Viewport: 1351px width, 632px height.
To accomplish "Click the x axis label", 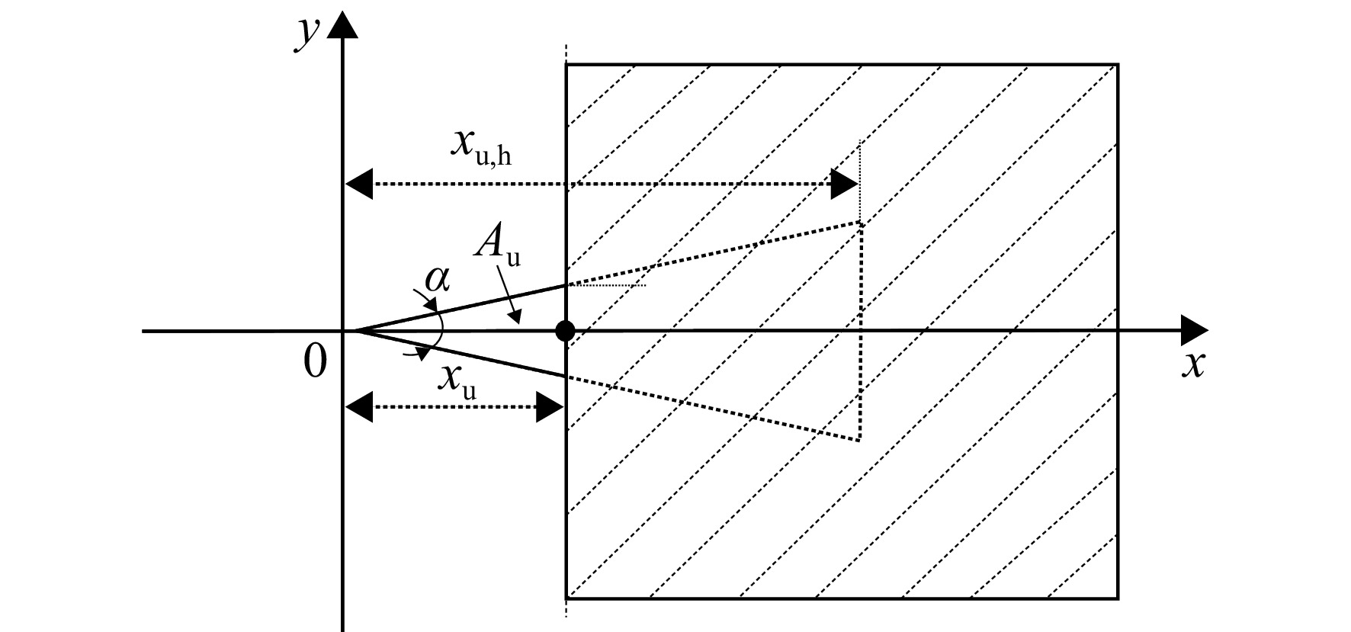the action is (x=1193, y=366).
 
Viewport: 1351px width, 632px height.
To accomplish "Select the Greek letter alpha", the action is (x=437, y=280).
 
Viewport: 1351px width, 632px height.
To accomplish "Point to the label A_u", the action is (x=497, y=245).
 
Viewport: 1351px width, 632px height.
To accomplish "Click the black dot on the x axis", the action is (x=565, y=331).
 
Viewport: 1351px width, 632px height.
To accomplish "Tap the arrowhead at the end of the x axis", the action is (x=1195, y=331).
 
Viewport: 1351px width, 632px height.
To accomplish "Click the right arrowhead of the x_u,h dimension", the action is (x=844, y=184).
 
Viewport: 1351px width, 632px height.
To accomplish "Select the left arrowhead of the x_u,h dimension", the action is (x=359, y=184).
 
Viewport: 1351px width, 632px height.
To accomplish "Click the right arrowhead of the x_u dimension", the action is (x=550, y=407).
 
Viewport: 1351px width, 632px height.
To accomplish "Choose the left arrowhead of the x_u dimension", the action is (x=359, y=407).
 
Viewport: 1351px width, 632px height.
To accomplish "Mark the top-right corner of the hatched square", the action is (x=1118, y=65).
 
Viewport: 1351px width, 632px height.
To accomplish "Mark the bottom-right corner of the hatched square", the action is (x=1118, y=598).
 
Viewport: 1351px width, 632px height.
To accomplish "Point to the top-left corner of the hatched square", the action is (x=566, y=65).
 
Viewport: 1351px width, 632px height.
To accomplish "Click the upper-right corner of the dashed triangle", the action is (x=860, y=223).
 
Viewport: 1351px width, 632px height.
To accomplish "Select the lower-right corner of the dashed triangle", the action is (x=860, y=440).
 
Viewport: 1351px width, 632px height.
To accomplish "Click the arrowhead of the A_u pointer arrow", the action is (x=516, y=318).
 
